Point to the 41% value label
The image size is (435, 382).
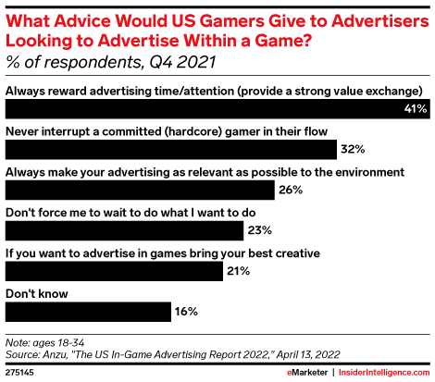415,109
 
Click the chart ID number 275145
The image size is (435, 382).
21,370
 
